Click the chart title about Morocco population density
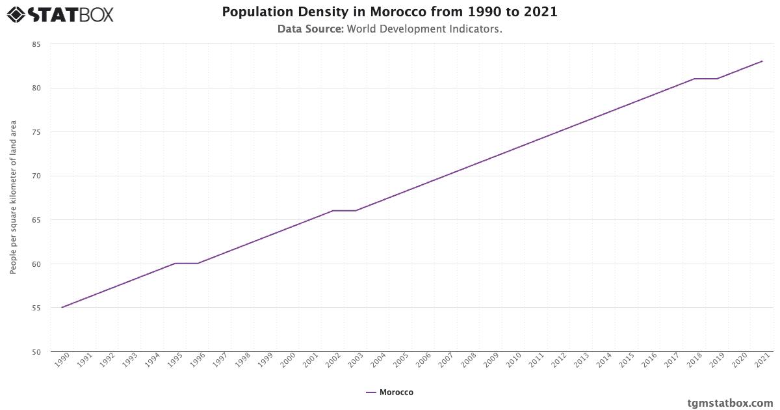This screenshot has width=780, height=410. [x=389, y=12]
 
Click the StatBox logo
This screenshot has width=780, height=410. [x=60, y=14]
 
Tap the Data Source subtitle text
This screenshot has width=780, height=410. [x=389, y=29]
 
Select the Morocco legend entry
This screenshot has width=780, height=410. [x=389, y=392]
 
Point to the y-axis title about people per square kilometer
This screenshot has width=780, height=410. [x=13, y=197]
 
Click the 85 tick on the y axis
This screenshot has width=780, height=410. [x=36, y=44]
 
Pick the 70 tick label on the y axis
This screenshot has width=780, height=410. [x=36, y=176]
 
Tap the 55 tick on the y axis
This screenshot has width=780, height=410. [x=36, y=308]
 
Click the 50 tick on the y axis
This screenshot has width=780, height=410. [x=36, y=352]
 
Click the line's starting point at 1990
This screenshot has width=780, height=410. [x=62, y=307]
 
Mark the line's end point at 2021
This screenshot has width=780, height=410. [x=762, y=61]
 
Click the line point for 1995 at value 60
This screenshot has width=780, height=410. [x=175, y=264]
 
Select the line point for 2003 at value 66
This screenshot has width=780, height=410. [x=356, y=211]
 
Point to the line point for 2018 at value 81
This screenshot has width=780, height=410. [x=694, y=79]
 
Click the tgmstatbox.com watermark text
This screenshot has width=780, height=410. [x=730, y=403]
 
